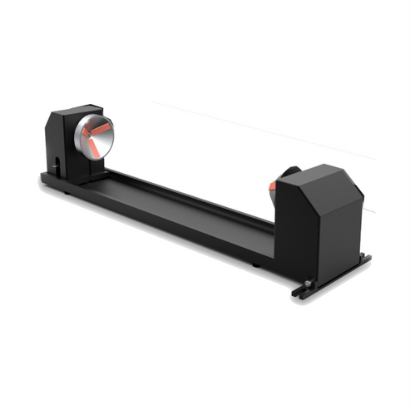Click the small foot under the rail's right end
click(255, 265)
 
